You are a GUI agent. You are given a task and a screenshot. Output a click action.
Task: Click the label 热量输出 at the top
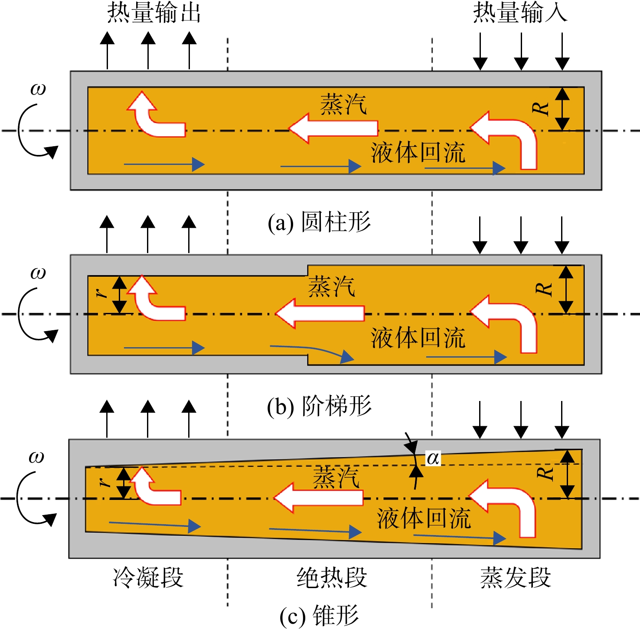click(154, 13)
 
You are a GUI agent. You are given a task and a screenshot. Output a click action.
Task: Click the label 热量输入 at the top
click(520, 13)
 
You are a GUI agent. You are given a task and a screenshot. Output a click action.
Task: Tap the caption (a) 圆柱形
click(320, 222)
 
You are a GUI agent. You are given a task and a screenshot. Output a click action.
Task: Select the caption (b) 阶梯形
click(320, 406)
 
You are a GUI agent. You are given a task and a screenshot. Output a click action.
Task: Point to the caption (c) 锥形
click(320, 616)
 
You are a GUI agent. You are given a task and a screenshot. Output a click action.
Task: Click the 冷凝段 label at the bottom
click(148, 578)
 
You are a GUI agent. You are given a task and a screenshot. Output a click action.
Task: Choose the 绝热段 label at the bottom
click(332, 578)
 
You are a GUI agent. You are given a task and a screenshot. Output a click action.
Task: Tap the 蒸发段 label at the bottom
click(516, 578)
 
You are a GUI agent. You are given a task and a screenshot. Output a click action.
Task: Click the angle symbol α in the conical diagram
click(433, 458)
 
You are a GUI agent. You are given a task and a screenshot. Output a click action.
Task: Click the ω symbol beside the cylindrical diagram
click(38, 89)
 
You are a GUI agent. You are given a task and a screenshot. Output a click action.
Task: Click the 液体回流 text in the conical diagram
click(424, 519)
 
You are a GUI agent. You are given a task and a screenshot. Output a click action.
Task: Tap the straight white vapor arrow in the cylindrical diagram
click(333, 128)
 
